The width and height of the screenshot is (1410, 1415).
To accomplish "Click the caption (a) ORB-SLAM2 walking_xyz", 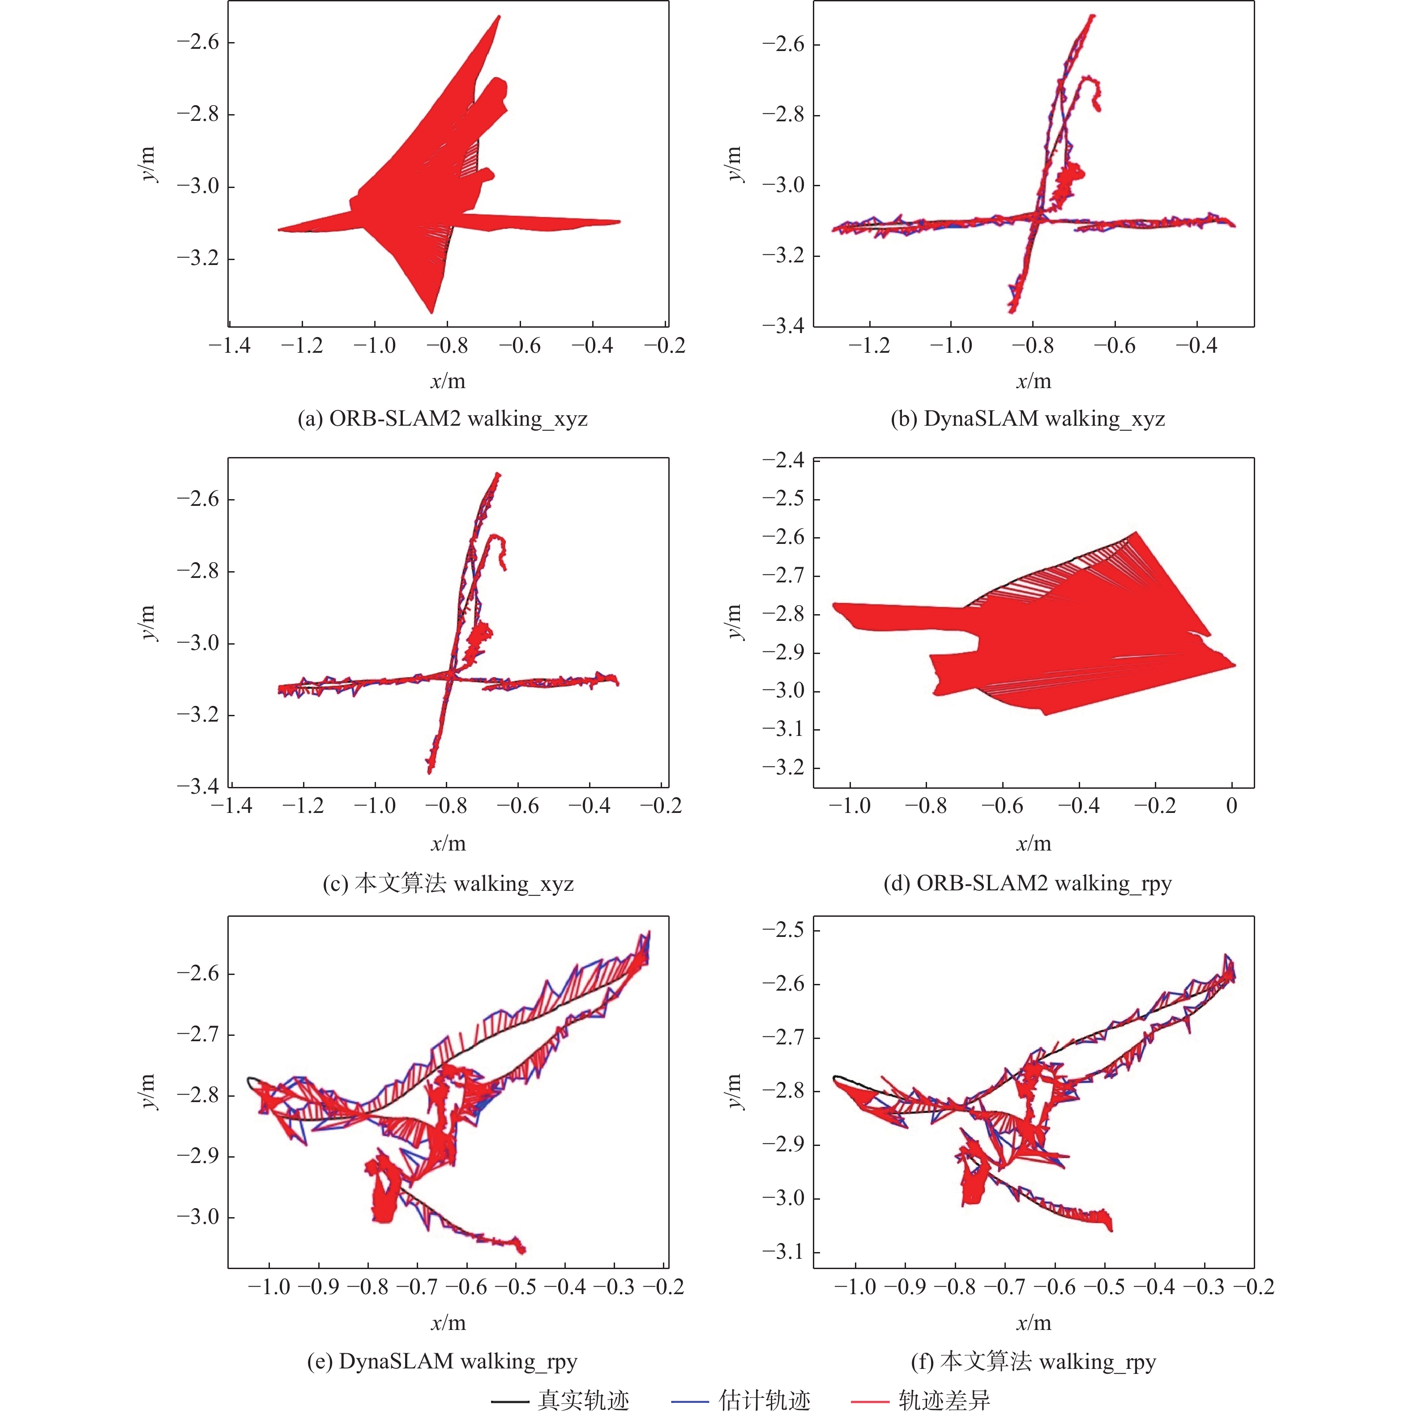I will click(x=442, y=419).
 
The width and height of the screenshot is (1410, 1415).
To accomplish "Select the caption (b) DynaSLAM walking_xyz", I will click(x=1028, y=419).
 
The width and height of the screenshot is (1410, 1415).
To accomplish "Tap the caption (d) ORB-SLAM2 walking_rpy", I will click(x=1028, y=883).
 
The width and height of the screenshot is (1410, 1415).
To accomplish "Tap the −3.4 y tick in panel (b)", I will click(x=783, y=326).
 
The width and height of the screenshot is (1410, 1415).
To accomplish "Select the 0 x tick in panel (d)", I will click(x=1232, y=806).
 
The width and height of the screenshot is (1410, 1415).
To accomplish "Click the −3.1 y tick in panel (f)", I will click(x=783, y=1252).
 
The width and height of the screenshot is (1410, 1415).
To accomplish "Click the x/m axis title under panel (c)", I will click(x=448, y=844).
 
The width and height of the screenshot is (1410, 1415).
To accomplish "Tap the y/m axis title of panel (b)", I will click(x=734, y=164).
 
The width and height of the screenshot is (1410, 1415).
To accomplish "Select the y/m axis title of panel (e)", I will click(x=148, y=1092).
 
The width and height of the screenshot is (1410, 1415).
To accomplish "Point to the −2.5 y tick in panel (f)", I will click(x=783, y=930).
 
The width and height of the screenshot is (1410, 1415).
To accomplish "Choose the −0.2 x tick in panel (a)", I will click(x=665, y=346).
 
